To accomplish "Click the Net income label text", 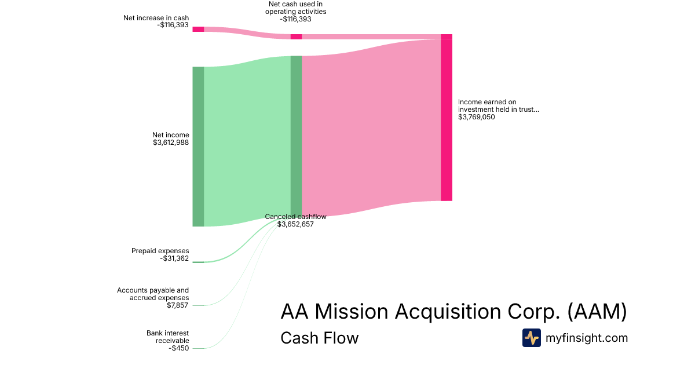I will pos(170,135).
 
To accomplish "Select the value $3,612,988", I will pos(170,143).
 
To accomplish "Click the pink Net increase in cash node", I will pos(198,29).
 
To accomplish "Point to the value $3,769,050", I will pos(476,117).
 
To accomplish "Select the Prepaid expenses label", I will pos(160,251).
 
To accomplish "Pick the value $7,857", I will pos(178,305).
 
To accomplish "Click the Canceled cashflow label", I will pos(295,217).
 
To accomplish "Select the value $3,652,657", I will pos(295,224).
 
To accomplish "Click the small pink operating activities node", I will pos(296,36).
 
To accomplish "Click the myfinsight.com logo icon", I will pos(531,338).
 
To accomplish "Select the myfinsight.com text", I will pos(587,338).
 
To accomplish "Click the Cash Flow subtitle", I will pos(319,338).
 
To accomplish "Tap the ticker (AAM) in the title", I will pos(597,312).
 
